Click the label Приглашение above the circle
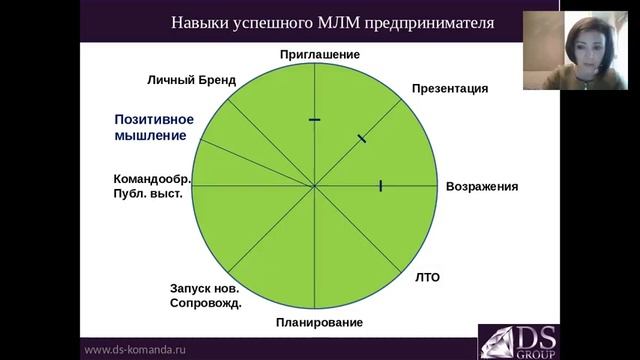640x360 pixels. pyautogui.click(x=319, y=54)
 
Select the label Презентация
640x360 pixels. pyautogui.click(x=449, y=88)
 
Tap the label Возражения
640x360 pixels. pyautogui.click(x=481, y=186)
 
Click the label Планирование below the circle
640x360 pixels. pyautogui.click(x=319, y=322)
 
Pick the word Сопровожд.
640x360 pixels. pyautogui.click(x=206, y=302)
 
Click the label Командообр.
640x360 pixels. pyautogui.click(x=152, y=180)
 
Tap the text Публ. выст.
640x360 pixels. pyautogui.click(x=148, y=194)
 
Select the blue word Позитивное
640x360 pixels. pyautogui.click(x=153, y=120)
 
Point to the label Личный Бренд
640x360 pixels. pyautogui.click(x=189, y=79)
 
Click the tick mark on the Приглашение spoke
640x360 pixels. pyautogui.click(x=315, y=120)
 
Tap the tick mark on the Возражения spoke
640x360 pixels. pyautogui.click(x=381, y=185)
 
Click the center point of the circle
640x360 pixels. pyautogui.click(x=315, y=186)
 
